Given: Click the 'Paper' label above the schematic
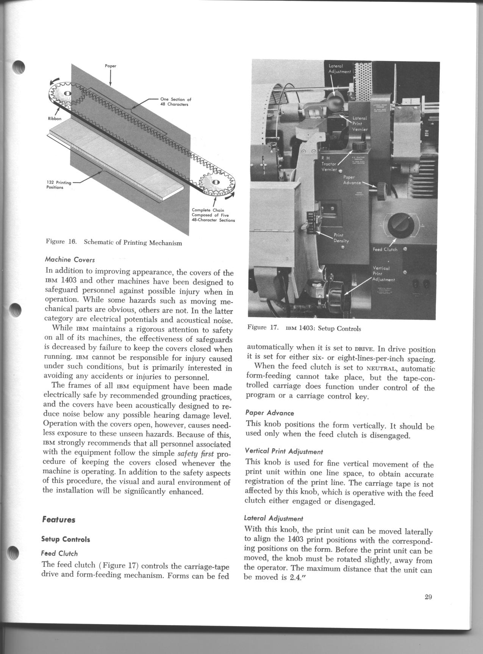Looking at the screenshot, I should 110,66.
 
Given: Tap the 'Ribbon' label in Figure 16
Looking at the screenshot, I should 55,119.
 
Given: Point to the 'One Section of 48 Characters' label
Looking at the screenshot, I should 175,102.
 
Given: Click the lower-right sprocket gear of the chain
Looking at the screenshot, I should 215,182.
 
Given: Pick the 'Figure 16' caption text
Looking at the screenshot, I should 114,243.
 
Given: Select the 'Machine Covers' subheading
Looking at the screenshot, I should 70,260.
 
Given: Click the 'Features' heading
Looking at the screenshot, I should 59,519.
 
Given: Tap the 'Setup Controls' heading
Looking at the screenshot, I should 66,539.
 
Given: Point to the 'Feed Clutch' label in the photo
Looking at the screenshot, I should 385,249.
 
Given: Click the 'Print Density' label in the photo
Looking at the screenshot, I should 341,238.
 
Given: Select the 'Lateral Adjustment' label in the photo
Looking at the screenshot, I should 340,69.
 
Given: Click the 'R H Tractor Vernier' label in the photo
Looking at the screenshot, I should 328,163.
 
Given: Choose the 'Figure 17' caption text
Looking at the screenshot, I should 304,328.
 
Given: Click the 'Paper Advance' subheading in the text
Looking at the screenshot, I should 269,413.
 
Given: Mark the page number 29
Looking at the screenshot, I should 428,597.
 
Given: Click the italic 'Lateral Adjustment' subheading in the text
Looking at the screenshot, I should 274,518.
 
